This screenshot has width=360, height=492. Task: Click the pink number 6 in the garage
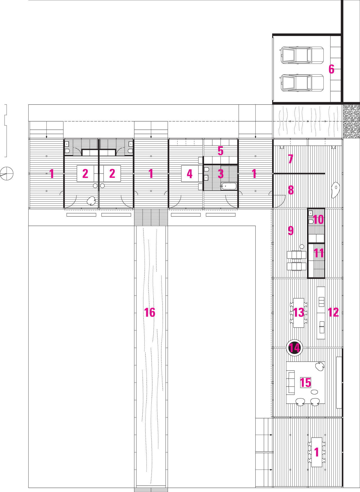tap(331, 69)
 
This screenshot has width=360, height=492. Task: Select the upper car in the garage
tap(302, 55)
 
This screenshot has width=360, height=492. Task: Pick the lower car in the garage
tap(302, 83)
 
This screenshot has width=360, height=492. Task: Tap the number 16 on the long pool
tap(150, 313)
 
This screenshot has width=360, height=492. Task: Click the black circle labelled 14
tap(294, 348)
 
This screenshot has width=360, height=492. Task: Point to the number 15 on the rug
tap(305, 383)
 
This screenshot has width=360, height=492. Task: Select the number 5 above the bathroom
tap(220, 151)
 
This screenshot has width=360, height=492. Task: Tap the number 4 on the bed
tap(190, 174)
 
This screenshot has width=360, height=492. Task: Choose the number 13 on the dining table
tap(298, 313)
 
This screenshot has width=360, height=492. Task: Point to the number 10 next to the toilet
tap(318, 220)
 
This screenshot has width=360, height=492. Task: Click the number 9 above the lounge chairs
tap(291, 231)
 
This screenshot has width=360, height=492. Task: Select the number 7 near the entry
tap(291, 159)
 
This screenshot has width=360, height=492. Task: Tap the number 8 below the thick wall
tap(291, 190)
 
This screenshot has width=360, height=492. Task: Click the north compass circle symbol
tap(7, 173)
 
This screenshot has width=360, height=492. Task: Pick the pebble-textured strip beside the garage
tap(351, 121)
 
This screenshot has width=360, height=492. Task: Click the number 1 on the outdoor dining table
tap(316, 452)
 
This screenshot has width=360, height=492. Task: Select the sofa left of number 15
tap(291, 382)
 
